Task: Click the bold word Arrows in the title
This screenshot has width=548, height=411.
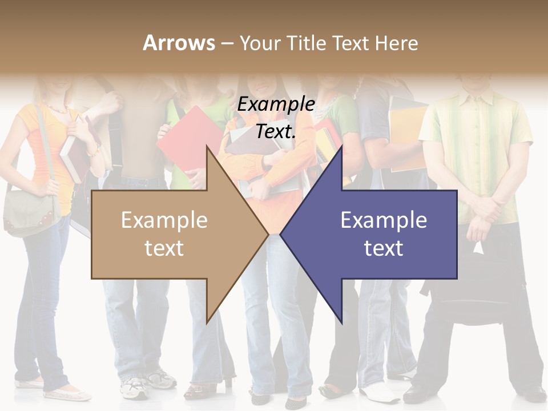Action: [179, 43]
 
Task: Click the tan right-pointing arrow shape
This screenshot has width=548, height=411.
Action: [171, 235]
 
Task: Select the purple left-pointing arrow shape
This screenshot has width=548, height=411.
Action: [377, 235]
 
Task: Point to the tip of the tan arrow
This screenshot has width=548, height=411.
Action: [267, 234]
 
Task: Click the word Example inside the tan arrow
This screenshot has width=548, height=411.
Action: [164, 220]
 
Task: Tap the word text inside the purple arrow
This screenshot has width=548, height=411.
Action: [384, 248]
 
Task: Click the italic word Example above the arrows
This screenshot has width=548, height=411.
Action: [276, 104]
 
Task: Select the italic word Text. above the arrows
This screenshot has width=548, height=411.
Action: [276, 131]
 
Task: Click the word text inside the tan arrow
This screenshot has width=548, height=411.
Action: [164, 248]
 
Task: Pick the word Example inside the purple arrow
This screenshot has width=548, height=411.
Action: [384, 220]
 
